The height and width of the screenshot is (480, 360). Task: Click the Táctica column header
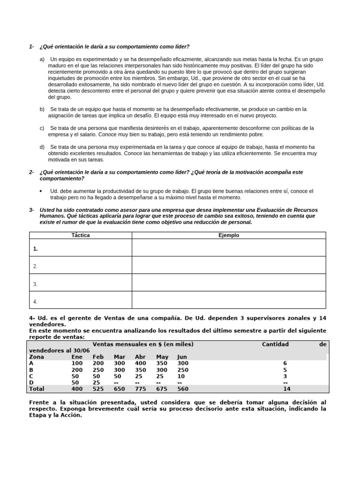[80, 235]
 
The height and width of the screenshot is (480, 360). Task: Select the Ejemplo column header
[229, 235]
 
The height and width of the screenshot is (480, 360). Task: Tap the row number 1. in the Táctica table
[36, 249]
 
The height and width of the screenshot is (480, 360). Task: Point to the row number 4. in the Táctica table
[35, 301]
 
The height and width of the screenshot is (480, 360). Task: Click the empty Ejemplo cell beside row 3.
[229, 283]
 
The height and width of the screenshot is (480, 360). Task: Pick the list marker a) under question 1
[42, 60]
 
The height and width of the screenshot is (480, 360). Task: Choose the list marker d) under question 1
[42, 147]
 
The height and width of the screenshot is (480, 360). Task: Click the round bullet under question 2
[41, 191]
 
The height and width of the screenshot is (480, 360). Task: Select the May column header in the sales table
[162, 357]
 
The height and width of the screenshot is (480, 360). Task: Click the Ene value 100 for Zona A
[76, 363]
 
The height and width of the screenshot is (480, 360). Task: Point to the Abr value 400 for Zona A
[141, 363]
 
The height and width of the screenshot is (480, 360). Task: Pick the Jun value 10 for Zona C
[181, 376]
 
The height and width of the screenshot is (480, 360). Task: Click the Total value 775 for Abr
[141, 389]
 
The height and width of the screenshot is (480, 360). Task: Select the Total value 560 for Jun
[183, 389]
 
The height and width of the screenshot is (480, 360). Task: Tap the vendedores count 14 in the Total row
[287, 389]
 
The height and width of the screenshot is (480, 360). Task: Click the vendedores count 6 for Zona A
[285, 363]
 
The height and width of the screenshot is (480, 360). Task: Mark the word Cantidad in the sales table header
[275, 344]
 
